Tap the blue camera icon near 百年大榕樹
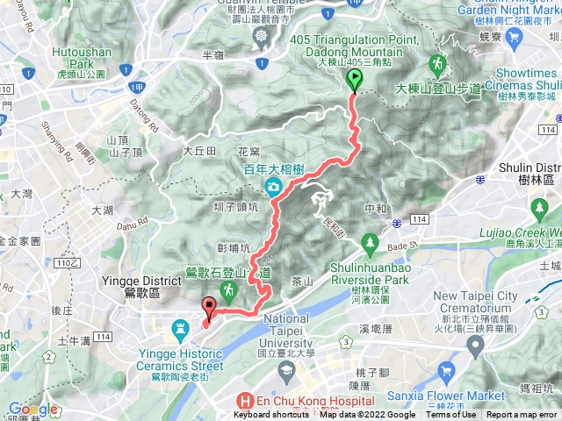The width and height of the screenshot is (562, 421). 272,186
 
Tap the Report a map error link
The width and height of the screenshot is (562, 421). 523,415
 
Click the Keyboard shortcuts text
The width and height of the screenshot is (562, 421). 270,415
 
